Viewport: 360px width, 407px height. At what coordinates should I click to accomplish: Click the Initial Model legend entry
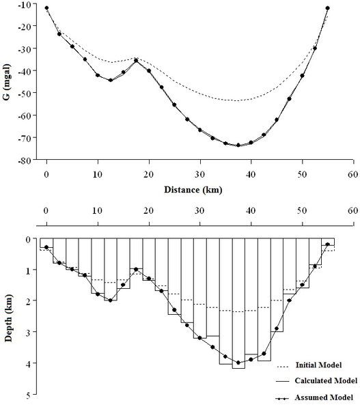point(309,365)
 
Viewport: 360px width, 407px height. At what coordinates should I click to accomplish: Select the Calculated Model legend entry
point(317,381)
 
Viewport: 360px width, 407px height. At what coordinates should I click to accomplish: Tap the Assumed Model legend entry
point(314,397)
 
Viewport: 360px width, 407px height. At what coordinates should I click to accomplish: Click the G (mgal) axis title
point(7,82)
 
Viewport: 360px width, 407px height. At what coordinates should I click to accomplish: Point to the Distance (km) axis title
point(193,190)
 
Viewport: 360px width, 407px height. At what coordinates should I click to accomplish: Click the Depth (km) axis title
point(8,318)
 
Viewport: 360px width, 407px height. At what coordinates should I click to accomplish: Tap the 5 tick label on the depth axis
point(28,395)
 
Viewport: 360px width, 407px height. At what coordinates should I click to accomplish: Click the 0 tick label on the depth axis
point(28,239)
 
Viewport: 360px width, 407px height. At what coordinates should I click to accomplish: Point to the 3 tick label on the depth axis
point(28,333)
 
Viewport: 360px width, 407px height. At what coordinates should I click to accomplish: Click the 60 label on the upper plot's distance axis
point(353,175)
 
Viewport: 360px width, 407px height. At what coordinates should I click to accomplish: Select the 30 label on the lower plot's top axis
point(199,210)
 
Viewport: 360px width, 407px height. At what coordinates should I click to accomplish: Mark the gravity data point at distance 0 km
point(46,8)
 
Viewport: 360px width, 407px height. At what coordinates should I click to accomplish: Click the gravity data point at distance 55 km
point(328,8)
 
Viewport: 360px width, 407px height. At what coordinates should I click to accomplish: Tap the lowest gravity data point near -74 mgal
point(238,145)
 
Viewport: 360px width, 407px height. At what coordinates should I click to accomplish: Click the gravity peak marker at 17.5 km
point(136,60)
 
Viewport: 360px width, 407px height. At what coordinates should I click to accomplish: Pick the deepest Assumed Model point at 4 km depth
point(238,363)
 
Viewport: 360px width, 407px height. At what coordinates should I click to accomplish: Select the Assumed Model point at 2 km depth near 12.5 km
point(110,300)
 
